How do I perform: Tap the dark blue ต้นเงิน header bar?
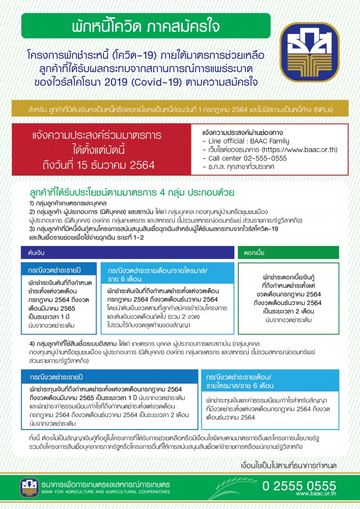click(127, 252)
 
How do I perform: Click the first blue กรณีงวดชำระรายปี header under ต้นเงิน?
click(58, 268)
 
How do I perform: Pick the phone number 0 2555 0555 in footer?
click(299, 485)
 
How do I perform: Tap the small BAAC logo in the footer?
click(29, 487)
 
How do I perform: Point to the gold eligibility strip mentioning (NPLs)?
click(180, 109)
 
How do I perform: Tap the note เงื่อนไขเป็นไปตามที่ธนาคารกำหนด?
click(287, 465)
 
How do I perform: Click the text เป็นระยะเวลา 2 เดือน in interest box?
click(289, 312)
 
